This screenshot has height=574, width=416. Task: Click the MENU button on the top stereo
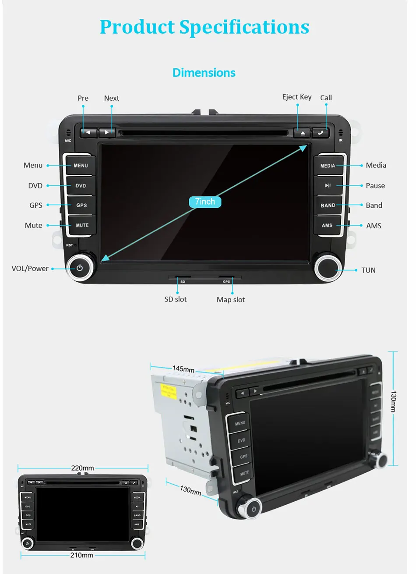coord(81,166)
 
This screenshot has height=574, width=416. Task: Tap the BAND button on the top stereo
coord(328,206)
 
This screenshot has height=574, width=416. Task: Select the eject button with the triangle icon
coord(302,133)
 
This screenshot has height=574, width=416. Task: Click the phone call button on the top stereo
coord(321,132)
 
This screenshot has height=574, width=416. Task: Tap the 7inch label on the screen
coord(205,202)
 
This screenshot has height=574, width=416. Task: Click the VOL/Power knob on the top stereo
coord(80,268)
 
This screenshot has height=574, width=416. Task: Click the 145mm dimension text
coord(183,369)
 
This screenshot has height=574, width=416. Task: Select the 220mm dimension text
coord(82,468)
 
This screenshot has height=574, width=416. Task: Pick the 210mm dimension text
coord(82,555)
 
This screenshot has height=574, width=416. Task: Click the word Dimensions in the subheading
coord(204,73)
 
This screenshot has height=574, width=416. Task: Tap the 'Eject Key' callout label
coord(297,97)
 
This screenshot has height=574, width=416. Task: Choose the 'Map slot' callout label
coord(231,300)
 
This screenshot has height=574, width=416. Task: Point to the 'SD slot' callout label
coord(176,299)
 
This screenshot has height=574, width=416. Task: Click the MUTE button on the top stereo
coord(82,225)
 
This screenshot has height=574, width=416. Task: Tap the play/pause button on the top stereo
coord(328,186)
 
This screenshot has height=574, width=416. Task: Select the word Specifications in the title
coord(244,27)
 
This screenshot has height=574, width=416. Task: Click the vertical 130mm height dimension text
coord(393,401)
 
